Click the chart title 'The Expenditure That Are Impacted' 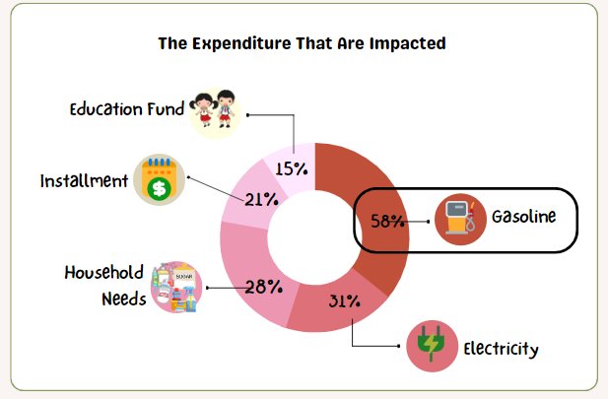pos(303,43)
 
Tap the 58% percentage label pos(386,221)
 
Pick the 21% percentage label pos(261,199)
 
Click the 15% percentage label pos(292,168)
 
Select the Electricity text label pos(502,349)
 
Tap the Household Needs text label pos(104,285)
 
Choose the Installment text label pos(85,181)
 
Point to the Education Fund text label pos(126,108)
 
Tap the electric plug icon pos(432,347)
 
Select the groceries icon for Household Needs pos(175,286)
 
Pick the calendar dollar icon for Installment pos(160,180)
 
